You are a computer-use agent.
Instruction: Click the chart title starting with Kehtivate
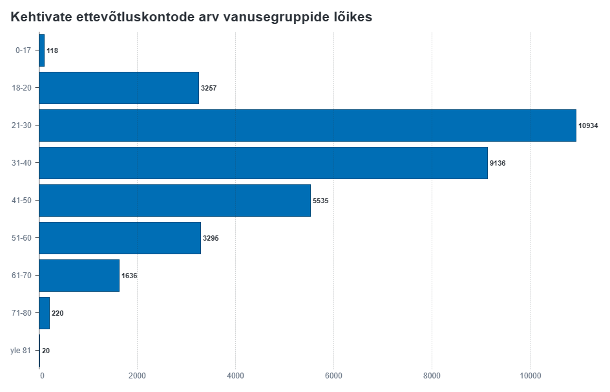click(191, 17)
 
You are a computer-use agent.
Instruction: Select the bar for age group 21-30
click(308, 125)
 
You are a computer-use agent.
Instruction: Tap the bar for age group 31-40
click(263, 163)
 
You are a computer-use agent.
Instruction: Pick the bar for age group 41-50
click(175, 201)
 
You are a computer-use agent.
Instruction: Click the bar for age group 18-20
click(119, 88)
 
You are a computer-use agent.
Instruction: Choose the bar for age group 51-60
click(120, 238)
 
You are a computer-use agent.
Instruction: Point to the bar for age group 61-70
click(79, 276)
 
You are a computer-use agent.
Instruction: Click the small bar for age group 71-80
click(45, 313)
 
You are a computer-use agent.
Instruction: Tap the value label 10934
click(588, 125)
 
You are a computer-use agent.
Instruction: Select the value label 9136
click(498, 163)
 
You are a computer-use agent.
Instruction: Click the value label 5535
click(321, 201)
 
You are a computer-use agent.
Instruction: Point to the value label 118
click(52, 50)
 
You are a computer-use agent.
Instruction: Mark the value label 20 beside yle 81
click(46, 351)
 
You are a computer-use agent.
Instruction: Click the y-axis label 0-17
click(23, 50)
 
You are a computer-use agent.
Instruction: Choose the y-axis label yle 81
click(20, 351)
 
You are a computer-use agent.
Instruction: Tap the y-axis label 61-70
click(21, 276)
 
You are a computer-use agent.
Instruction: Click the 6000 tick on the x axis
click(333, 376)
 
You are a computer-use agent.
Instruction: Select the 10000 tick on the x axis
click(530, 376)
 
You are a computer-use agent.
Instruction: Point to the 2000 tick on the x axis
click(137, 376)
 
